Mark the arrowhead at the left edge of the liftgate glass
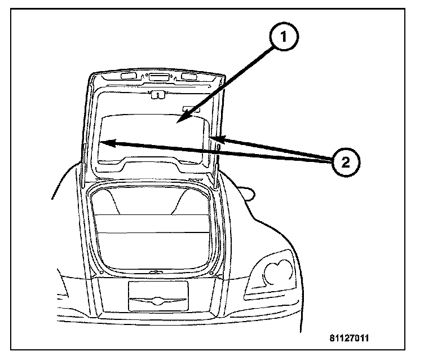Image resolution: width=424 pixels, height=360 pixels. (105, 143)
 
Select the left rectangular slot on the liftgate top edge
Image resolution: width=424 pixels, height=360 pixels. (129, 75)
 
